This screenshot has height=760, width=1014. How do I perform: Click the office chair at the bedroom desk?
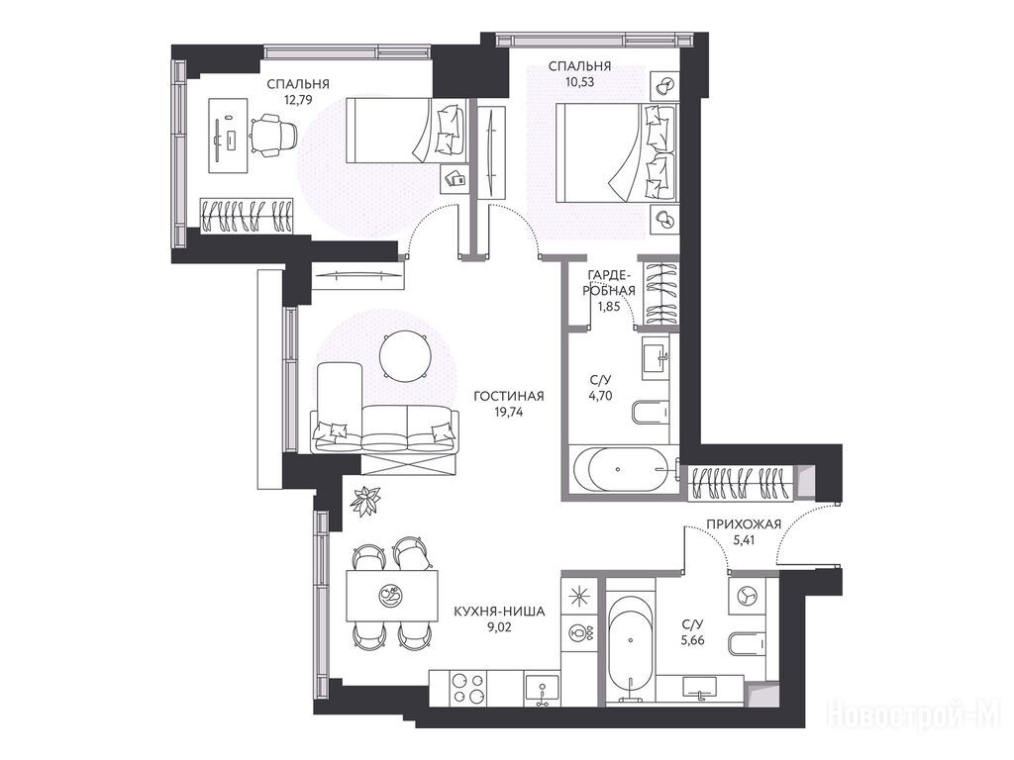click(273, 135)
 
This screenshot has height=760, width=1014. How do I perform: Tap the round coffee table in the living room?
click(404, 356)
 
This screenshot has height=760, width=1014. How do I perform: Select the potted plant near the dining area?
click(365, 500)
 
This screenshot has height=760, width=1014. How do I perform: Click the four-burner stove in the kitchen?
click(468, 688)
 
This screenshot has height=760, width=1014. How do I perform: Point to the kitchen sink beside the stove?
click(542, 690)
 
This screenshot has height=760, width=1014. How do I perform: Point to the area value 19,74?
click(508, 412)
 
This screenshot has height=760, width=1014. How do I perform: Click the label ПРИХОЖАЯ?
click(744, 524)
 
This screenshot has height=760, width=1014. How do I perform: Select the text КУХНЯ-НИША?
click(499, 611)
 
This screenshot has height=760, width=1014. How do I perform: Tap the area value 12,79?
click(298, 99)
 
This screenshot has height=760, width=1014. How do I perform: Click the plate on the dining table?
click(390, 594)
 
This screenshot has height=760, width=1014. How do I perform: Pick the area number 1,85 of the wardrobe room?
click(609, 307)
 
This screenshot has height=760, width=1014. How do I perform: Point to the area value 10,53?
click(578, 81)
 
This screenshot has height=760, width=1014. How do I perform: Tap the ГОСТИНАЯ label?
click(508, 396)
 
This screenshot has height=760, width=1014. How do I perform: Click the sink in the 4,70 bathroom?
click(656, 357)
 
